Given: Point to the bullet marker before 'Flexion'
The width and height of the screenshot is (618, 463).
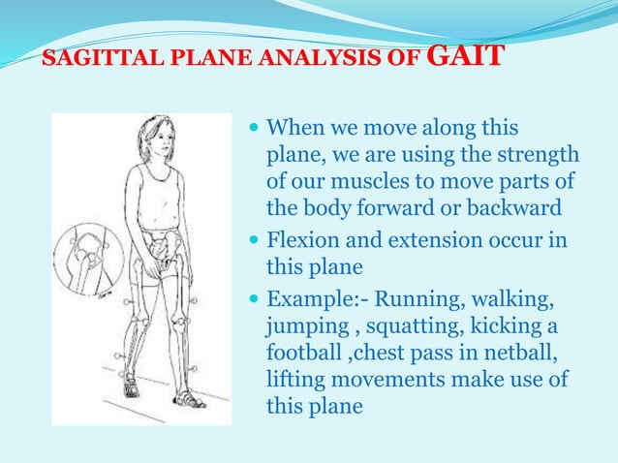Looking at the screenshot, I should pyautogui.click(x=255, y=239).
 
